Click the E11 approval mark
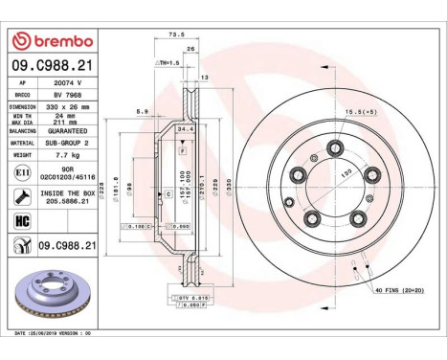pos(21,170)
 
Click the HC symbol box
pos(21,222)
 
